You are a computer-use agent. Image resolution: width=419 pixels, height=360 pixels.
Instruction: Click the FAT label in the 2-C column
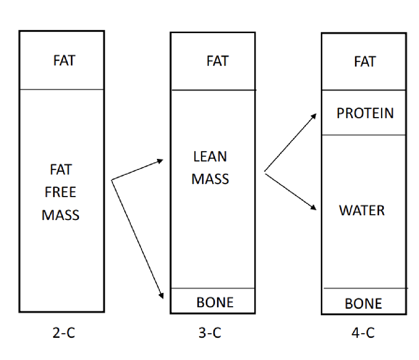(64, 60)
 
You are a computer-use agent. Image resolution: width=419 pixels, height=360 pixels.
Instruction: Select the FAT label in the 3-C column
(218, 61)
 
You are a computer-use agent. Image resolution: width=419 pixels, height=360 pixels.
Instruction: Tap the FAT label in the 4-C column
(365, 61)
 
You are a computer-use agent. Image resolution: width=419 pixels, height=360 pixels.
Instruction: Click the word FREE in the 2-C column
(60, 192)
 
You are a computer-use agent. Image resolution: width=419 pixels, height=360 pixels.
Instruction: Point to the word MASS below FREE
(60, 215)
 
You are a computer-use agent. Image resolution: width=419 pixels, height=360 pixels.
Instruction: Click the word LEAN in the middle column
(210, 157)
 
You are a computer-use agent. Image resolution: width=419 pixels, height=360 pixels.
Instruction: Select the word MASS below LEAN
(210, 179)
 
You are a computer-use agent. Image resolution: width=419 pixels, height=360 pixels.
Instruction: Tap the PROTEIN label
(365, 113)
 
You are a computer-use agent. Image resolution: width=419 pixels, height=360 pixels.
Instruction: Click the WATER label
(362, 210)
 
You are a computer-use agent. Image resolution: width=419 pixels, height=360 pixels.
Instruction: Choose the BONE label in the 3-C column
(215, 302)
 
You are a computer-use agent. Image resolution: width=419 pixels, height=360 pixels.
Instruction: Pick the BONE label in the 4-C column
(363, 303)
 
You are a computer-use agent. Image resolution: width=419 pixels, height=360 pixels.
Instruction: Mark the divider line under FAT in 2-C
(62, 89)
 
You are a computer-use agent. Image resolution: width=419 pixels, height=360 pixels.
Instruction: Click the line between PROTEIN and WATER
(363, 135)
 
